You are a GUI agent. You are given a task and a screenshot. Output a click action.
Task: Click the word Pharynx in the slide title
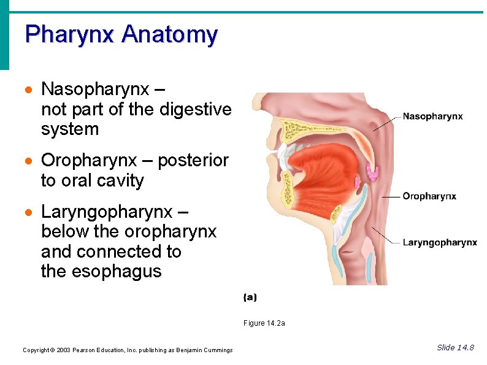[x=69, y=34]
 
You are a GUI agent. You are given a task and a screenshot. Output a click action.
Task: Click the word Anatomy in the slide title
[x=169, y=34]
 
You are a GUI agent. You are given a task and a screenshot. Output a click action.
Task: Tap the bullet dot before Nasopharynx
[x=28, y=90]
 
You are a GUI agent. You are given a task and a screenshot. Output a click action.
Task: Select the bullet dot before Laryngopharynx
[x=28, y=213]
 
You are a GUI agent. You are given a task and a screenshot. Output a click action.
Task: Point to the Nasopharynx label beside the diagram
[x=432, y=116]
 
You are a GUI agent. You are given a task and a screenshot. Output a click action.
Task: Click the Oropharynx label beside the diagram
[x=429, y=196]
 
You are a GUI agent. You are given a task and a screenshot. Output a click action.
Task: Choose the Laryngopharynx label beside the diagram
[x=440, y=242]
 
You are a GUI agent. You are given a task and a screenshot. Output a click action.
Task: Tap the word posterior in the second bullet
[x=193, y=161]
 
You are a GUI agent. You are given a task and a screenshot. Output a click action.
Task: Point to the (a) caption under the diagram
[x=250, y=298]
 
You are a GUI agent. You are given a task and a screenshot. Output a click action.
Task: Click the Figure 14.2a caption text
[x=264, y=323]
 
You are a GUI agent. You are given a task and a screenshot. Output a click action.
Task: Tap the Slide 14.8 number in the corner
[x=455, y=348]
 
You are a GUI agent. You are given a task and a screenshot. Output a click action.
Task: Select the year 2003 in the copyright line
[x=63, y=350]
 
